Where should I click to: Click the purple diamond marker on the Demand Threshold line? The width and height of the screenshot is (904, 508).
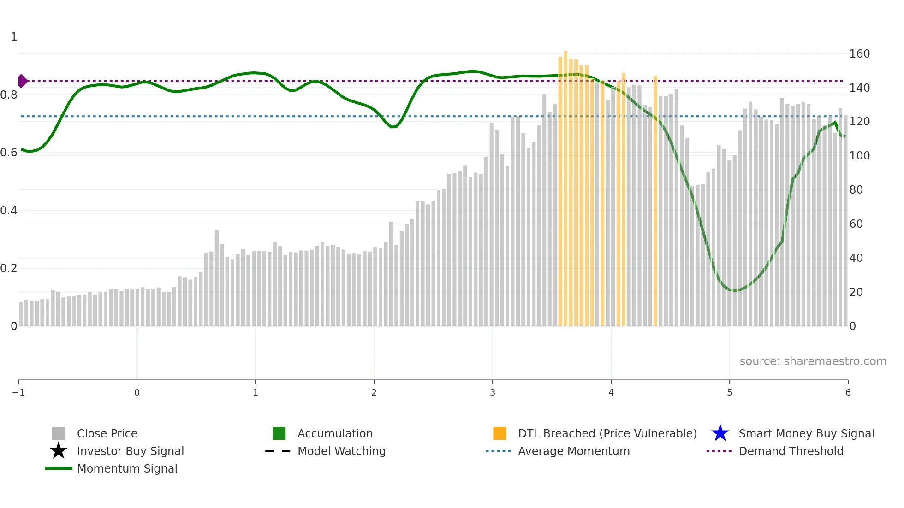pyautogui.click(x=22, y=81)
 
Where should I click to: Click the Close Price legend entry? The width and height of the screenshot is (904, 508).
pyautogui.click(x=107, y=434)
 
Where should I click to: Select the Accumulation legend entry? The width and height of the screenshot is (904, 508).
pyautogui.click(x=334, y=434)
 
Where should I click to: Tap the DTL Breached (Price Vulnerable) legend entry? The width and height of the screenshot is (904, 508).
pyautogui.click(x=607, y=434)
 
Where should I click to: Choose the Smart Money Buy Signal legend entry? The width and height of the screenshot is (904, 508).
pyautogui.click(x=806, y=434)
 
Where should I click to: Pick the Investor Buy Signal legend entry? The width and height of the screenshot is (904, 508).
pyautogui.click(x=130, y=451)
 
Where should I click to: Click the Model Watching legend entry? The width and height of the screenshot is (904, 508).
pyautogui.click(x=341, y=451)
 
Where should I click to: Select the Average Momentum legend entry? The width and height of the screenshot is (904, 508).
pyautogui.click(x=573, y=451)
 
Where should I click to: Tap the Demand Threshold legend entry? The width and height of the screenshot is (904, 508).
pyautogui.click(x=791, y=451)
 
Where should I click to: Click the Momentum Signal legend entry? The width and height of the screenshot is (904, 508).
pyautogui.click(x=127, y=469)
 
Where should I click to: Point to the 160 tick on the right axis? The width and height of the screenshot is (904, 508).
pyautogui.click(x=859, y=54)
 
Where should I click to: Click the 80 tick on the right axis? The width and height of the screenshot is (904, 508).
pyautogui.click(x=856, y=190)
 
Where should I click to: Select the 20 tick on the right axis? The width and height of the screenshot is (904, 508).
pyautogui.click(x=856, y=292)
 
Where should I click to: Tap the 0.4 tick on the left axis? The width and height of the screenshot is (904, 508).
pyautogui.click(x=9, y=211)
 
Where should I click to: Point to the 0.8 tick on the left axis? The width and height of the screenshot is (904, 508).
pyautogui.click(x=9, y=95)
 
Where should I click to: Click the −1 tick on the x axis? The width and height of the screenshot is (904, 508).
pyautogui.click(x=18, y=393)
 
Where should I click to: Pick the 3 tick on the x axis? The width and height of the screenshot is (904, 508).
pyautogui.click(x=493, y=393)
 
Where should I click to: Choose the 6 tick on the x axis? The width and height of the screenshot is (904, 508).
pyautogui.click(x=848, y=393)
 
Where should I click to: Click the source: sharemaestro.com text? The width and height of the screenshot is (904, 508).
pyautogui.click(x=813, y=361)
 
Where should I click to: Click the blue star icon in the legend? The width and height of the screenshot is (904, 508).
pyautogui.click(x=720, y=433)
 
